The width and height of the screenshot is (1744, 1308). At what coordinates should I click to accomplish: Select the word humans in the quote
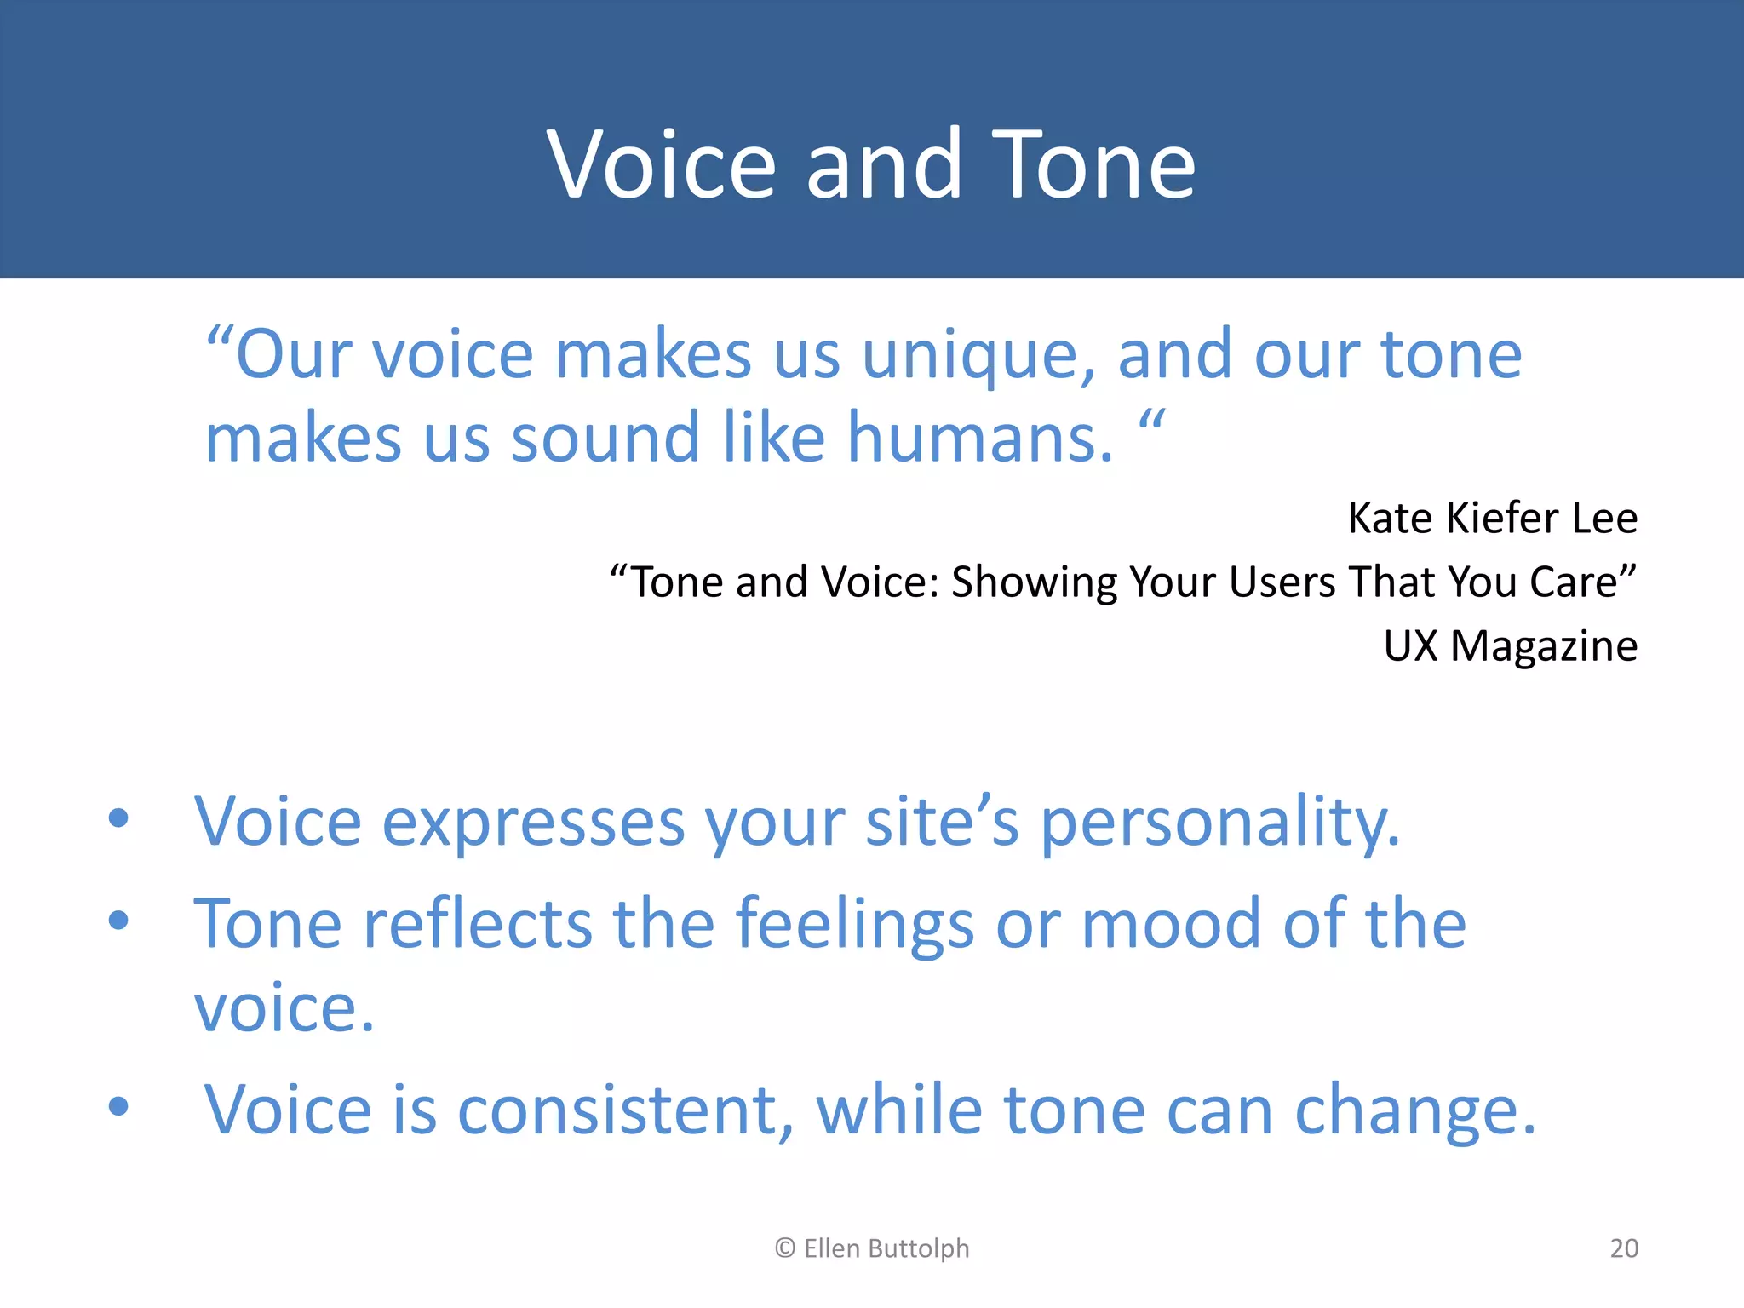click(x=979, y=439)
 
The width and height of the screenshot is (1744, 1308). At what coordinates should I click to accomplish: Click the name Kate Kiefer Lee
click(x=1492, y=518)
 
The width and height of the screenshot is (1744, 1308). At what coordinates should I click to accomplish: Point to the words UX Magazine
click(x=1510, y=645)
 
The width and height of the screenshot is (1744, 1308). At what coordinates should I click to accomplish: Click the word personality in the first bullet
click(x=1219, y=824)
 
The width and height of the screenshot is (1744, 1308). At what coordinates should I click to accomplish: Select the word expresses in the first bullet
click(x=533, y=824)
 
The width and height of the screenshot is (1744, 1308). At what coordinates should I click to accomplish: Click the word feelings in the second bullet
click(x=854, y=924)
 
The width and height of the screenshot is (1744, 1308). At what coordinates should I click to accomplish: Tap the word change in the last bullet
click(x=1414, y=1112)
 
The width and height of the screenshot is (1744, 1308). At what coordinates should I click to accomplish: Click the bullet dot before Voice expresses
click(x=118, y=818)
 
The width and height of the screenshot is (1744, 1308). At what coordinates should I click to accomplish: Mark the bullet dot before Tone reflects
click(x=118, y=920)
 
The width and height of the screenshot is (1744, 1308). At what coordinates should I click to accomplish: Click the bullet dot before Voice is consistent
click(x=118, y=1106)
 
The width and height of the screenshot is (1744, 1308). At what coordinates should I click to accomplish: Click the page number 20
click(x=1624, y=1248)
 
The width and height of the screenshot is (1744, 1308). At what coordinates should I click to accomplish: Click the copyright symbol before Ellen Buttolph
click(x=784, y=1248)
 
